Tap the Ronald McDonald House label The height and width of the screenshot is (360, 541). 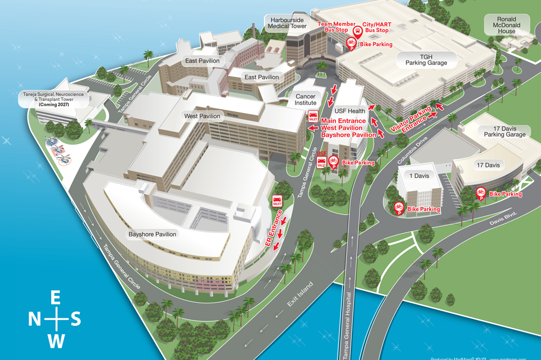tap(502, 25)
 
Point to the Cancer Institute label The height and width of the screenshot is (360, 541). tap(306, 100)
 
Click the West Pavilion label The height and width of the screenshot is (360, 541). tap(202, 116)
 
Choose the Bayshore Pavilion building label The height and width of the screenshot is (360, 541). tap(153, 234)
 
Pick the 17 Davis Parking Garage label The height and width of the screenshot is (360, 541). tap(505, 131)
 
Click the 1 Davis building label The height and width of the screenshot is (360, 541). tap(418, 176)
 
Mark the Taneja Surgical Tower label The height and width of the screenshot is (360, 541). tap(53, 100)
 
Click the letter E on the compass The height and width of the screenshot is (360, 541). tap(56, 298)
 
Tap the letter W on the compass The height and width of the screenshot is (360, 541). tap(56, 341)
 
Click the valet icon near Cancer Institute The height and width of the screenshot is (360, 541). tap(312, 116)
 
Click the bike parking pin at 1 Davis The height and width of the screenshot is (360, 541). tap(399, 208)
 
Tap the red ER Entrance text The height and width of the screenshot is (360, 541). tap(274, 227)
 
